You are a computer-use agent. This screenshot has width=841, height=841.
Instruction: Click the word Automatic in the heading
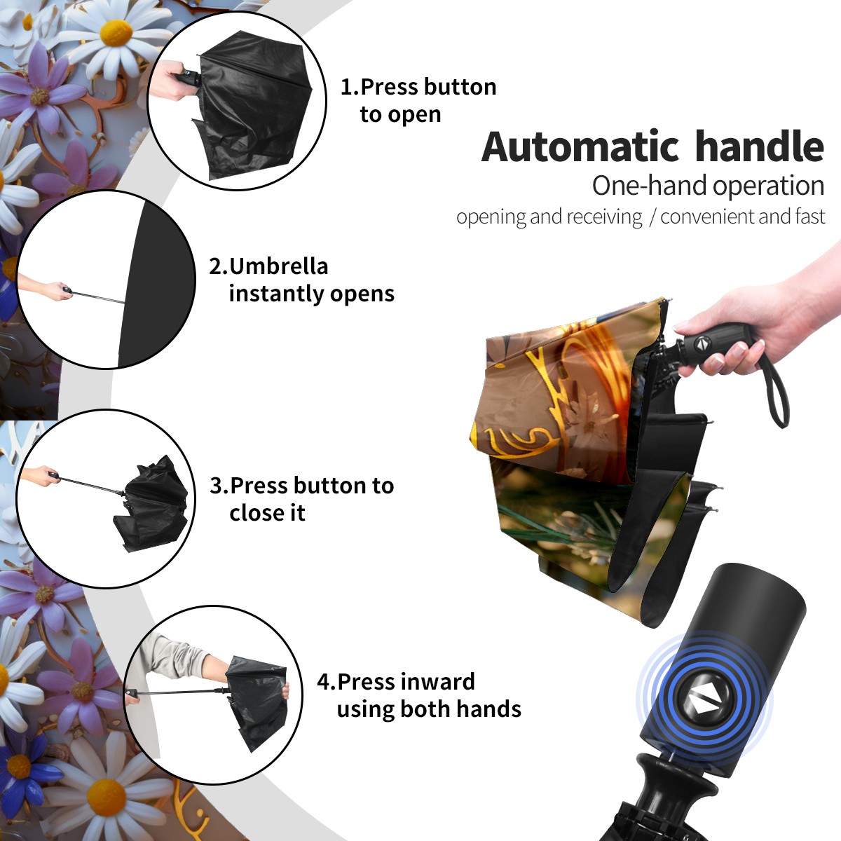point(580,146)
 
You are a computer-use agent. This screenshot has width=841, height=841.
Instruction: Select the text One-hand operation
point(708,186)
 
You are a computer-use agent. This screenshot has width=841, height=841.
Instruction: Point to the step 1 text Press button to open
point(418,100)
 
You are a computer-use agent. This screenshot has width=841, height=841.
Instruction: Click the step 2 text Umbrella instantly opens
point(301,280)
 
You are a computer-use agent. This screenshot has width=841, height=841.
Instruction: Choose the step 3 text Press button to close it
point(301,499)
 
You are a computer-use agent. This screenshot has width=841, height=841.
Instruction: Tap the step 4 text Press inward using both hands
point(419,695)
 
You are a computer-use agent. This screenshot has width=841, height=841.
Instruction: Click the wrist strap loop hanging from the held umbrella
point(777,392)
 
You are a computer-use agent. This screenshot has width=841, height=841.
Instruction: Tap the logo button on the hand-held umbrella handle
point(700,344)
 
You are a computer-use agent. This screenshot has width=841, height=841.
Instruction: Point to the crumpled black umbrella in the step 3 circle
point(151,502)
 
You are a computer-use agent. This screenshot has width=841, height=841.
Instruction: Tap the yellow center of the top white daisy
point(116,33)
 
